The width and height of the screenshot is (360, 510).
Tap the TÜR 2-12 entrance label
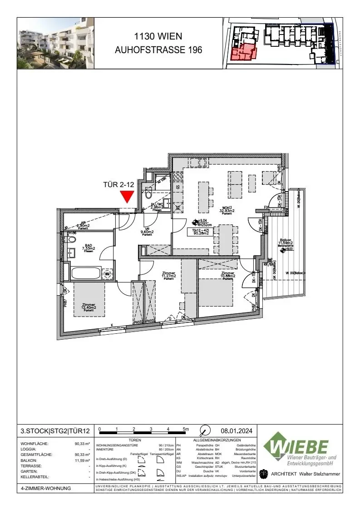[x=119, y=185]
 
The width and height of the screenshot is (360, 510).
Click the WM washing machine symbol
[x=108, y=274]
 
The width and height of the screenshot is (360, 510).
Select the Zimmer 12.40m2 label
[x=89, y=307]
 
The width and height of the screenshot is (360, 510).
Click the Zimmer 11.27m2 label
[x=168, y=276]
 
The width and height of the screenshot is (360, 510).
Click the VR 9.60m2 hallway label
[x=147, y=232]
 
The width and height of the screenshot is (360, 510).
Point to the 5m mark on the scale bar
[x=186, y=429]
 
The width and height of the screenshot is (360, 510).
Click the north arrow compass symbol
[x=205, y=430]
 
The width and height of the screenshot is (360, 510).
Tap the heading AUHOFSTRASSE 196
[x=158, y=50]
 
